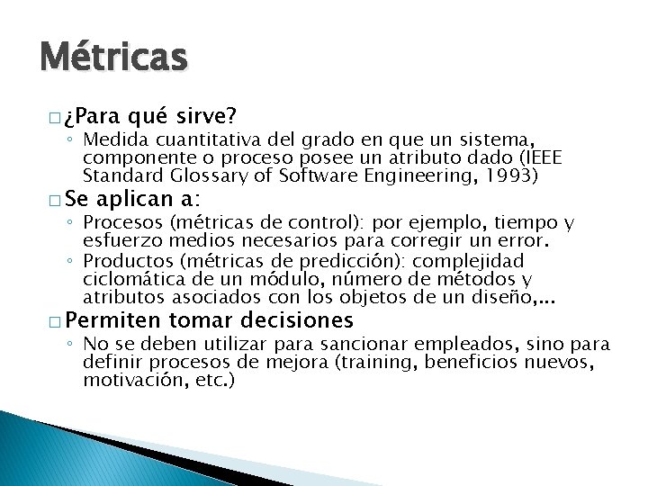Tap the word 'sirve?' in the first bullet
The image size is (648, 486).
pos(207,116)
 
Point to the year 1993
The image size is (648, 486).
pos(511,175)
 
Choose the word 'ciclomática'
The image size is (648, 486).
pos(122,278)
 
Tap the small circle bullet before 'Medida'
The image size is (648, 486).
pos(73,141)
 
